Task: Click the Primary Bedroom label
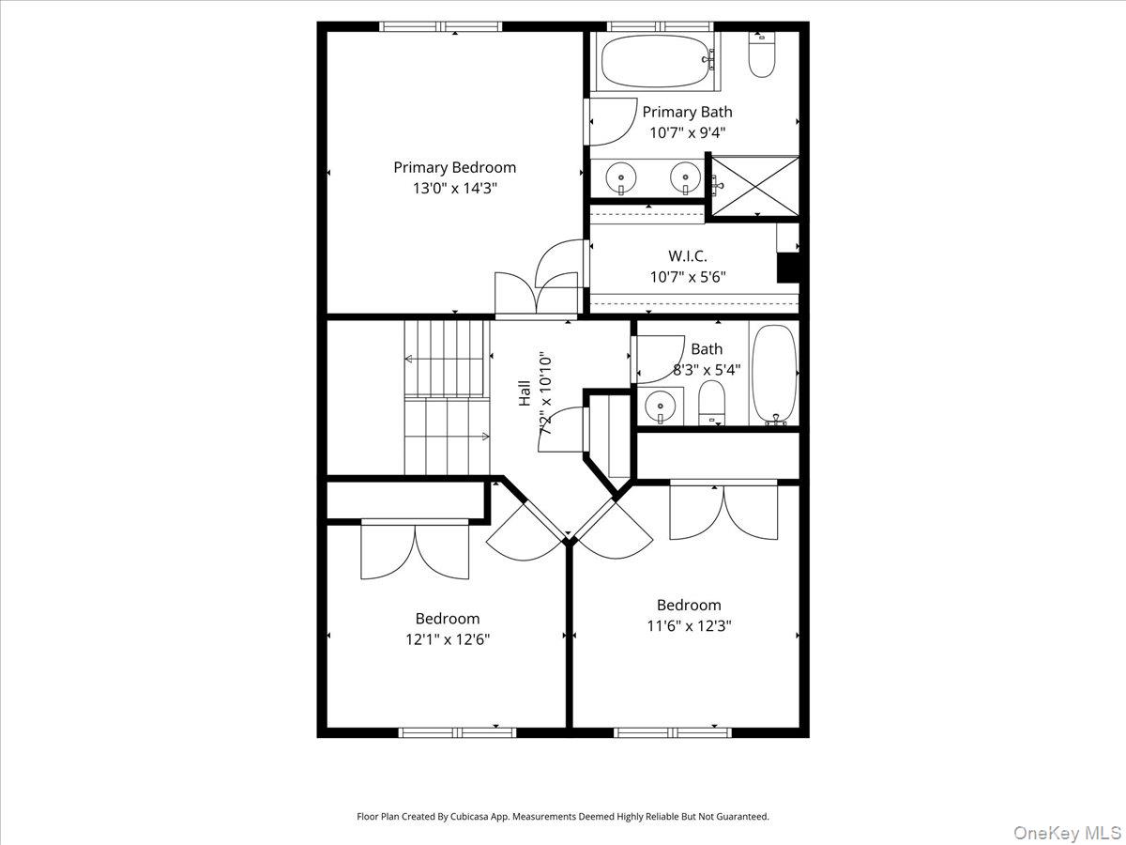tap(454, 168)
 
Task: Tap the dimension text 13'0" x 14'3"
tap(455, 189)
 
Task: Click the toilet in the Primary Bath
tap(761, 54)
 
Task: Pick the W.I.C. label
tap(688, 256)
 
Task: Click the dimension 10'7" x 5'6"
tap(688, 277)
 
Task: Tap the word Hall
tap(525, 393)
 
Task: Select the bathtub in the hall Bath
tap(775, 375)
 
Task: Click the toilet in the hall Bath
tap(711, 403)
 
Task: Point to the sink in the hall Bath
tap(661, 406)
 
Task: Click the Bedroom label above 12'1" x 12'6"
tap(448, 618)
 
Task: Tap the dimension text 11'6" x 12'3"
tap(689, 626)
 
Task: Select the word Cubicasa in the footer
tap(469, 816)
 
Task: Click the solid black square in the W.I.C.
tap(788, 268)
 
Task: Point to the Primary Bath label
tap(688, 112)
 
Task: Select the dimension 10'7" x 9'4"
tap(688, 133)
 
